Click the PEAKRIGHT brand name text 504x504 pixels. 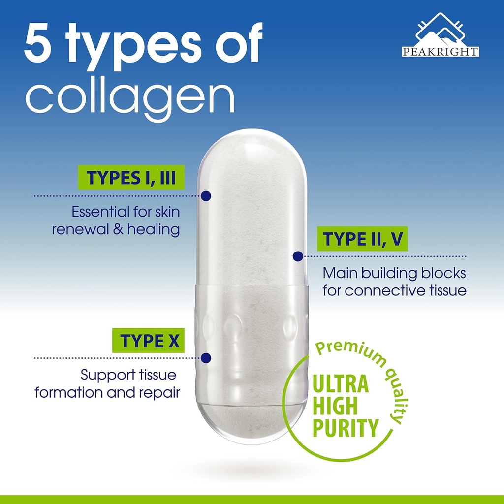pyautogui.click(x=440, y=52)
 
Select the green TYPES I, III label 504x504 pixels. pyautogui.click(x=131, y=177)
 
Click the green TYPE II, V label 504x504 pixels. pyautogui.click(x=362, y=239)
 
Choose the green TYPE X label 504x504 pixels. pyautogui.click(x=148, y=341)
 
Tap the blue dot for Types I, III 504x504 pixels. pyautogui.click(x=206, y=196)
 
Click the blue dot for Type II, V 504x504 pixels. pyautogui.click(x=298, y=256)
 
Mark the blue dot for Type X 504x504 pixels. pyautogui.click(x=206, y=357)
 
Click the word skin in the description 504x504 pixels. pyautogui.click(x=167, y=212)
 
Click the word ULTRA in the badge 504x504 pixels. pyautogui.click(x=341, y=384)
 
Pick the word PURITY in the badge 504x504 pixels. pyautogui.click(x=346, y=428)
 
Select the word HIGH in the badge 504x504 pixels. pyautogui.click(x=335, y=406)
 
